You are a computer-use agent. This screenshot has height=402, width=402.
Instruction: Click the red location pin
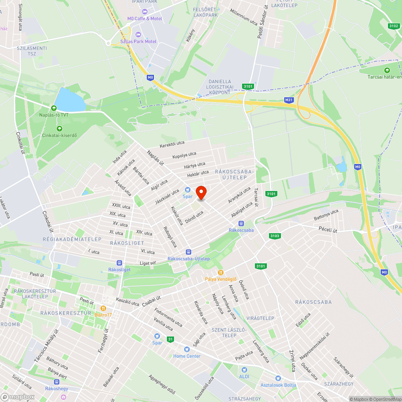(x=201, y=193)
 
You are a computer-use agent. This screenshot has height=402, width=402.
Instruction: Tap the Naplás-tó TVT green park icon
(x=53, y=108)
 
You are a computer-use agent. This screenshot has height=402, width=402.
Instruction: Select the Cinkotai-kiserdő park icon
(x=59, y=128)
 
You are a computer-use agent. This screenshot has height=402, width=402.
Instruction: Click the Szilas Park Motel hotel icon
(x=139, y=35)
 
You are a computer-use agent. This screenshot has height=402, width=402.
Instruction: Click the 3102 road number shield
(x=394, y=26)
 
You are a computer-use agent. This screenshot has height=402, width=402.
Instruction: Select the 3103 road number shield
(x=275, y=236)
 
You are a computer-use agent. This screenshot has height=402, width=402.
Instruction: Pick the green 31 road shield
(x=171, y=339)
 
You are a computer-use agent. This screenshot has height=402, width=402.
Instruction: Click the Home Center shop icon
(x=187, y=349)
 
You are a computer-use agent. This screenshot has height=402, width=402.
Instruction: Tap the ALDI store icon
(x=244, y=369)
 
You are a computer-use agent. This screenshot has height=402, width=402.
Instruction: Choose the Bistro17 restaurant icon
(x=103, y=308)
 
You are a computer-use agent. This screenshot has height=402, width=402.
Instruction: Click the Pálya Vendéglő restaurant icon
(x=220, y=272)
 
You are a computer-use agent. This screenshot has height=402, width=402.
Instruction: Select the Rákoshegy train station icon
(x=56, y=381)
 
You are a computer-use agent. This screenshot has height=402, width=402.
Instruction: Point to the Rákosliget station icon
(x=119, y=263)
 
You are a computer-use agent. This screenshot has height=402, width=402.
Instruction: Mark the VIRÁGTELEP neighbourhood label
(x=260, y=318)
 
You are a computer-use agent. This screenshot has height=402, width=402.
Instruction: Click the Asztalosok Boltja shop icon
(x=278, y=378)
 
